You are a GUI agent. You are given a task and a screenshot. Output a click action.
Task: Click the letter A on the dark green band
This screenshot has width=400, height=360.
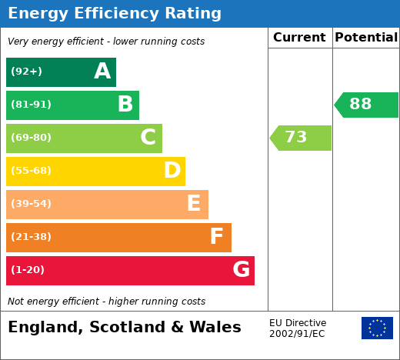click(102, 71)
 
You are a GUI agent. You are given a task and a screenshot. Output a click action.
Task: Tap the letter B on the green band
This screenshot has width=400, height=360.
click(125, 104)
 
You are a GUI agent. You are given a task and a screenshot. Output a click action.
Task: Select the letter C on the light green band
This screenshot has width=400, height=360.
click(148, 137)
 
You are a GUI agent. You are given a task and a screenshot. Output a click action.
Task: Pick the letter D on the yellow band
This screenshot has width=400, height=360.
click(172, 170)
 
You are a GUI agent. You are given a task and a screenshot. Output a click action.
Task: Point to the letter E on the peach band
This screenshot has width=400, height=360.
click(194, 203)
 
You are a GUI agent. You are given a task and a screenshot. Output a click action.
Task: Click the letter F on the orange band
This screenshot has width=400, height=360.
click(217, 236)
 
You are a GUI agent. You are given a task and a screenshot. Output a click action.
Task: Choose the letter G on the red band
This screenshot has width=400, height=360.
click(242, 269)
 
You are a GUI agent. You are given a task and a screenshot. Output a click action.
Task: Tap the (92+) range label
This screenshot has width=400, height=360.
click(26, 72)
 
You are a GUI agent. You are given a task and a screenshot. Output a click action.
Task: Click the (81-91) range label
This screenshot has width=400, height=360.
click(31, 105)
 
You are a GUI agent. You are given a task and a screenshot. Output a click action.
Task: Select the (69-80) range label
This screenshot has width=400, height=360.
click(31, 138)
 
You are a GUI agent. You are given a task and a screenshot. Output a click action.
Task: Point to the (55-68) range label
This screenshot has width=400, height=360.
click(31, 171)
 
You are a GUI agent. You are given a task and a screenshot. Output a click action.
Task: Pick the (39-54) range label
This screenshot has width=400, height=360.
click(31, 204)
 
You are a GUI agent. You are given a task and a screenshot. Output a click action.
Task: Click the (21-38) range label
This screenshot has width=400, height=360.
click(31, 237)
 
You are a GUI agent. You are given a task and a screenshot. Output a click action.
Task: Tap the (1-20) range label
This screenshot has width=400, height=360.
click(28, 270)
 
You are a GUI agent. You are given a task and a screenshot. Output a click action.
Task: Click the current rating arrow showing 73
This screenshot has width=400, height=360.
click(300, 138)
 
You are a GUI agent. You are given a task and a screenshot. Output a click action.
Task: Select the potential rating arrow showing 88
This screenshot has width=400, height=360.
click(366, 105)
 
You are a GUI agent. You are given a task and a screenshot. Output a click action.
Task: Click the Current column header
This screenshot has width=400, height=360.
click(299, 38)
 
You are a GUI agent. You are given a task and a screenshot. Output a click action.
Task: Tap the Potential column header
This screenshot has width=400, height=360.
click(366, 38)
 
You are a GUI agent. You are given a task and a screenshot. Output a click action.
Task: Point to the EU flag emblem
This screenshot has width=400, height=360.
click(377, 328)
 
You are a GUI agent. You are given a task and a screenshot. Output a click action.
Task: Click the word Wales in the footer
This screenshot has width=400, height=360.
click(215, 327)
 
